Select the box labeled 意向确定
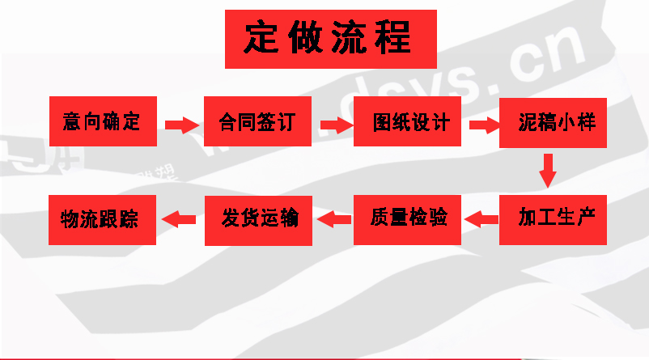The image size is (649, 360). point(103,122)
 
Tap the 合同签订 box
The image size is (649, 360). point(257,122)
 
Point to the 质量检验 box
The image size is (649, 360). point(408,218)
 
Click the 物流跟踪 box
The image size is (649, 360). point(103,218)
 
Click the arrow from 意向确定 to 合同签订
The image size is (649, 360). point(181,125)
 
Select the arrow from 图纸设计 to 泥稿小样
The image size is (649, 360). point(483,125)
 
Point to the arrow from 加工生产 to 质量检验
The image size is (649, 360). point(483,218)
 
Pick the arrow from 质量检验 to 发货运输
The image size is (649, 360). point(333,218)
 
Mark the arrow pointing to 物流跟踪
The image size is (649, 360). point(180,218)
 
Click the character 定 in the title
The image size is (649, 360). point(266,38)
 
